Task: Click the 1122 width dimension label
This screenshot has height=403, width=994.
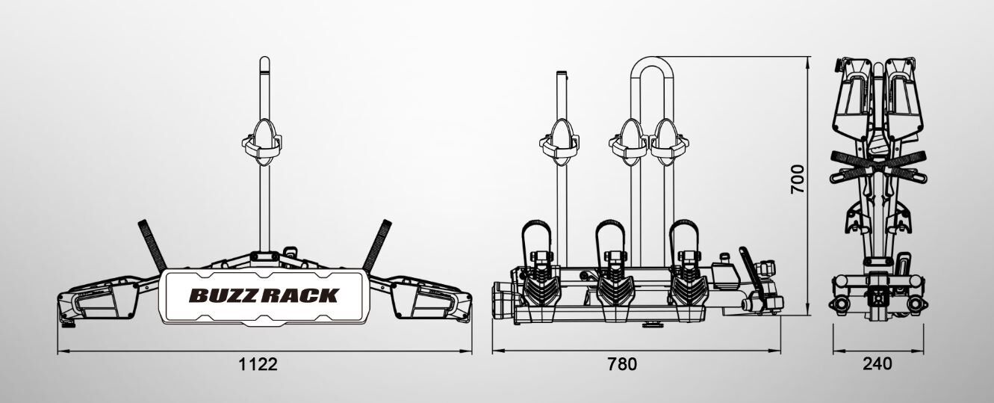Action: click(258, 364)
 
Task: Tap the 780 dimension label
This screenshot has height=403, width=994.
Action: click(622, 364)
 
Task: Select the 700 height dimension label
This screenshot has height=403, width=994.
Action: click(798, 179)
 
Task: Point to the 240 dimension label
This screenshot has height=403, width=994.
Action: click(877, 364)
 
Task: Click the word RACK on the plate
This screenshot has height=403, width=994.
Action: click(300, 295)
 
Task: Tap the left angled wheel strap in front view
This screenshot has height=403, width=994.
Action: click(152, 246)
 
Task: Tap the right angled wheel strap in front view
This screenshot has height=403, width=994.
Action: click(377, 246)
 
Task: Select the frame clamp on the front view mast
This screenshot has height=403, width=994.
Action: click(262, 142)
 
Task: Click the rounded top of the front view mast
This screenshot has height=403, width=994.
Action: click(264, 62)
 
